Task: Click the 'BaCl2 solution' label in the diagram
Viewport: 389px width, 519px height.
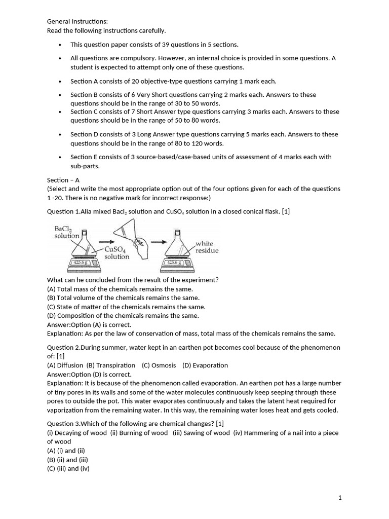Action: pos(66,232)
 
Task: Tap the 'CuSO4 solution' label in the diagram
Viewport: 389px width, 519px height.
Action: pos(116,252)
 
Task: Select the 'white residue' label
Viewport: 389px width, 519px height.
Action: pos(207,247)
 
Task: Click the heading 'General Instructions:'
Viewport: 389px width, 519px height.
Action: pos(77,21)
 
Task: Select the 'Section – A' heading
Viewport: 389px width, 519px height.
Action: pos(63,180)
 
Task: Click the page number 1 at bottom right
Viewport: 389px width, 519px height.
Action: pos(340,498)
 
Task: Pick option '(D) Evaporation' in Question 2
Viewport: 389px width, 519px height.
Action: pos(205,365)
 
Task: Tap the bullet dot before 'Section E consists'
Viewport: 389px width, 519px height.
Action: pos(60,158)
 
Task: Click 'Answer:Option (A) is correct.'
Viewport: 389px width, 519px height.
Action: pos(89,324)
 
